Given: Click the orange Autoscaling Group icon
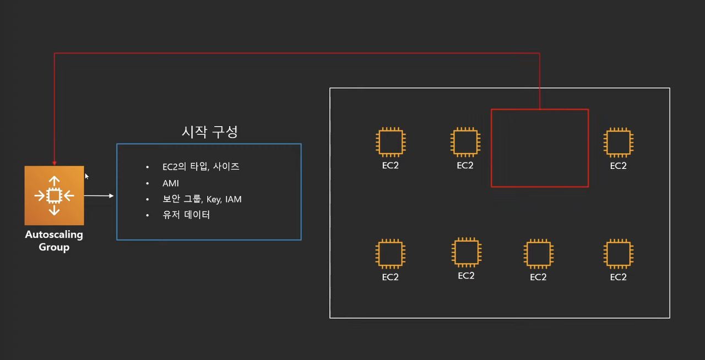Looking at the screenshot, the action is [x=54, y=195].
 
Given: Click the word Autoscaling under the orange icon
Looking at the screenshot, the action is [x=54, y=234].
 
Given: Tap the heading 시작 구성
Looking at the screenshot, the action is [x=210, y=132].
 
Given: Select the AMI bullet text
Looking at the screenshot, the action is [x=171, y=183].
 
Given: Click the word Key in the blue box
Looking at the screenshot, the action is [x=213, y=199].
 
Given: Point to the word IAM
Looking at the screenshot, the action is [x=234, y=199].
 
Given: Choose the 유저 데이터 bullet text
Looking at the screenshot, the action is [x=186, y=215].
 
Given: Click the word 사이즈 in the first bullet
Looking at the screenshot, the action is [x=226, y=167].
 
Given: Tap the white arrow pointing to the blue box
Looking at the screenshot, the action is [x=99, y=195].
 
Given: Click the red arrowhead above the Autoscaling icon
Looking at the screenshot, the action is [x=54, y=162].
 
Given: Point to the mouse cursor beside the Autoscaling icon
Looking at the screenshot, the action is [x=86, y=176].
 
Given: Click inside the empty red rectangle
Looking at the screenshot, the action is [x=540, y=148].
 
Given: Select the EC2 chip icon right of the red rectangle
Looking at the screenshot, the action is [x=619, y=143].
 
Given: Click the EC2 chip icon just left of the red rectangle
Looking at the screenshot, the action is [x=465, y=143].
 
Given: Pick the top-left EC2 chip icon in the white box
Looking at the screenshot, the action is [x=390, y=143].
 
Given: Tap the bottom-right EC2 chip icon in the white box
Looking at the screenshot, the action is [x=619, y=254].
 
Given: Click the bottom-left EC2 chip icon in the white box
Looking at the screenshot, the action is [x=390, y=254].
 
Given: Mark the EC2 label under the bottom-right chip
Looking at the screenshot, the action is [x=619, y=277].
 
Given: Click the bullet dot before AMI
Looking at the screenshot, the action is [x=148, y=183].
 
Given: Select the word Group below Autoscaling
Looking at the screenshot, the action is [x=54, y=247].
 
